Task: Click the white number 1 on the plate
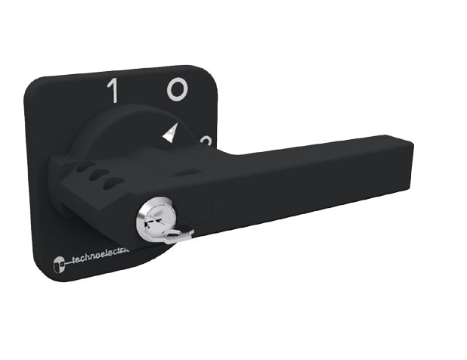113,91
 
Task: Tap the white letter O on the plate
176,91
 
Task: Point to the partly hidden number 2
206,141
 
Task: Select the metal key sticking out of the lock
177,237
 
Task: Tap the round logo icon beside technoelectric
59,265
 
